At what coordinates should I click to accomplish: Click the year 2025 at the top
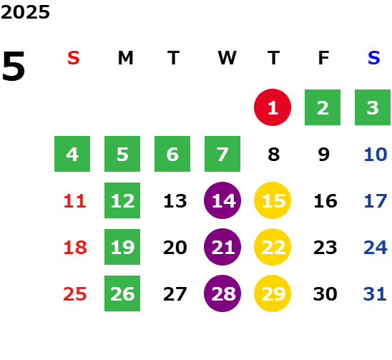click(x=25, y=12)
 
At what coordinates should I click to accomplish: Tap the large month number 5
click(x=14, y=66)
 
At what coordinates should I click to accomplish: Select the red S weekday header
click(x=74, y=58)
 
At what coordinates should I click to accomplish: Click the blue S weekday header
click(x=373, y=58)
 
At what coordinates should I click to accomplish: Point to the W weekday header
click(x=227, y=58)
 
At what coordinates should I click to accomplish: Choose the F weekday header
click(x=323, y=58)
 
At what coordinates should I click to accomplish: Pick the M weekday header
click(x=125, y=58)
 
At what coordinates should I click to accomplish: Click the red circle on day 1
click(x=273, y=107)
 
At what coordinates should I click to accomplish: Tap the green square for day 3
click(x=373, y=107)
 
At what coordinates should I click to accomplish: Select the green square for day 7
click(x=222, y=154)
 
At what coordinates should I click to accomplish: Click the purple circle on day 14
click(x=222, y=200)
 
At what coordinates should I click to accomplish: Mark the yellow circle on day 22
click(x=273, y=247)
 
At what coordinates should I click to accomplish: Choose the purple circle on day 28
click(x=222, y=293)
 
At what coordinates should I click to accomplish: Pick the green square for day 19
click(x=122, y=247)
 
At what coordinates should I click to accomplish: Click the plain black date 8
click(x=274, y=155)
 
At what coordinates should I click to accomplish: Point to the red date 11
click(x=74, y=201)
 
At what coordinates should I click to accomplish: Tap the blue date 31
click(x=375, y=294)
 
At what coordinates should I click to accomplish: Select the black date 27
click(x=175, y=294)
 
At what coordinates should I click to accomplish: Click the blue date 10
click(x=376, y=155)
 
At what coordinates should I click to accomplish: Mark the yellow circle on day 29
click(x=273, y=293)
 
